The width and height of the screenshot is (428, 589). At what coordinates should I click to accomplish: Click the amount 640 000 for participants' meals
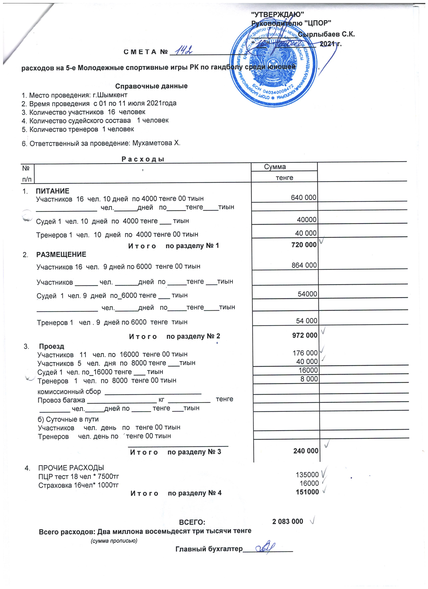[x=303, y=198]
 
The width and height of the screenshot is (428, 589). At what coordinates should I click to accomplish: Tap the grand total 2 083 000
[x=287, y=521]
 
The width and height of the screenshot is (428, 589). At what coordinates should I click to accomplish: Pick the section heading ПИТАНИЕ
[x=52, y=191]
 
